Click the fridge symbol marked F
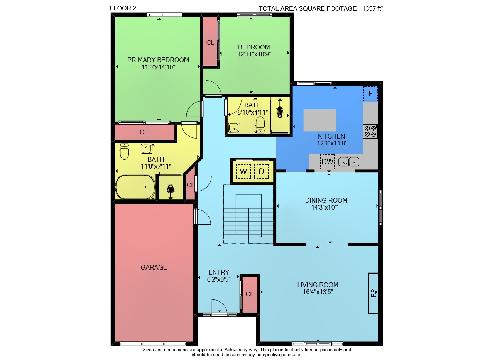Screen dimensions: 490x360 point(370,94)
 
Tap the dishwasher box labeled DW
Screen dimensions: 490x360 point(327,162)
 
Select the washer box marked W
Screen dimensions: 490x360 point(243,171)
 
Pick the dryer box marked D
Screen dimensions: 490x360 point(262,171)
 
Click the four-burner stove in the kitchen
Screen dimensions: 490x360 point(370,131)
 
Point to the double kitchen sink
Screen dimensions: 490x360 point(349,162)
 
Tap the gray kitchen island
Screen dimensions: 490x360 point(319,120)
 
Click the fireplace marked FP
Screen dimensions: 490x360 point(373,293)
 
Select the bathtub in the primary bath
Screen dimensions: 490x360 point(135,187)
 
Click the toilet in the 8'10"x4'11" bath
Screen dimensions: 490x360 point(260,125)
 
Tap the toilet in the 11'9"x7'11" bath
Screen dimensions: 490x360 point(124,151)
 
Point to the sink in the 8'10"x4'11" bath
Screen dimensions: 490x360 point(234,128)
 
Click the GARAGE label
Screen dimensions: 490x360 point(154,267)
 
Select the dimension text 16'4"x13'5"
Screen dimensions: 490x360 point(318,292)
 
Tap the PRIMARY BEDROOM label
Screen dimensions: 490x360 point(158,60)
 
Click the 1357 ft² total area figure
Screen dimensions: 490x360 point(373,8)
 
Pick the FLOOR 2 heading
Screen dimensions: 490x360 point(123,8)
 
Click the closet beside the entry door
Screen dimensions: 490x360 point(250,294)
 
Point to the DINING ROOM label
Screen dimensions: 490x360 point(326,200)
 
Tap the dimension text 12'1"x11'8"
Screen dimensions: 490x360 point(332,143)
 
